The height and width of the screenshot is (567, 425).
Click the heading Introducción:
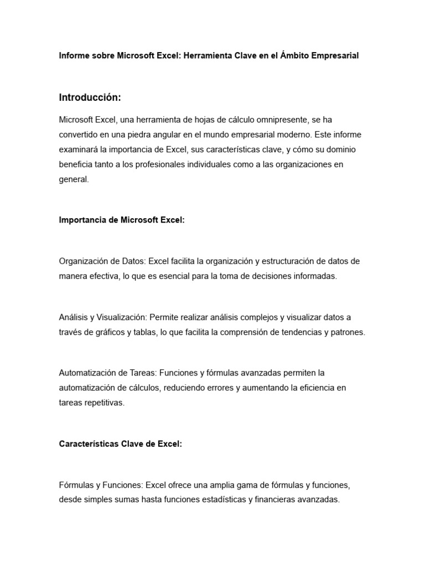[x=90, y=97]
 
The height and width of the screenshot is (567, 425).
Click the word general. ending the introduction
[x=74, y=179]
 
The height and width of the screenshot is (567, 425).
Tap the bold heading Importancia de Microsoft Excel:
[x=122, y=220]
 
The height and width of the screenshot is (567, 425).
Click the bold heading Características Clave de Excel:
[x=121, y=444]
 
